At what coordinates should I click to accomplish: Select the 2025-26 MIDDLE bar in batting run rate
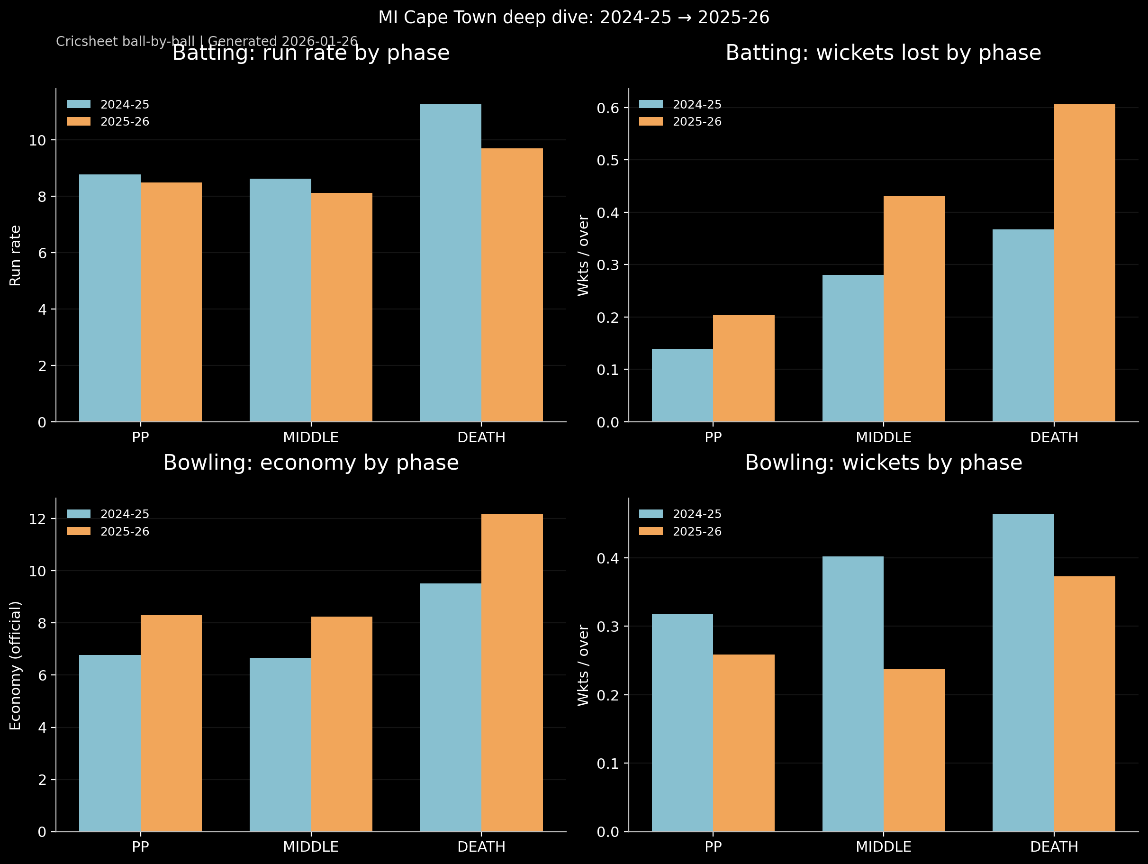(x=342, y=308)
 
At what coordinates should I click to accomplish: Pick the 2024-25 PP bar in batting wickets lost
(x=682, y=385)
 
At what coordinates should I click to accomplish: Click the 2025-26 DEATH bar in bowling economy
(x=512, y=673)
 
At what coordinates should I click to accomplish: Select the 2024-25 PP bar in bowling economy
(x=109, y=744)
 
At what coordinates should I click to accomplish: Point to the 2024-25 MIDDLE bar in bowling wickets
(x=853, y=694)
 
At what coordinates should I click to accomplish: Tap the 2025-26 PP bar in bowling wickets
(x=743, y=743)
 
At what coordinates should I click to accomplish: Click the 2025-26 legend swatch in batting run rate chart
(x=78, y=121)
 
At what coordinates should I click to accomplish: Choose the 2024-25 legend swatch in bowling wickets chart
(x=651, y=514)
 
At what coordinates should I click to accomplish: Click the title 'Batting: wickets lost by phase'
(x=883, y=53)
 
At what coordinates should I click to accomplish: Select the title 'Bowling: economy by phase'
(x=311, y=463)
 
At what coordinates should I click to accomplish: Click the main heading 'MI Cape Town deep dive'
(x=573, y=18)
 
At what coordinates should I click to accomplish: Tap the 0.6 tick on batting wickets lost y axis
(x=608, y=108)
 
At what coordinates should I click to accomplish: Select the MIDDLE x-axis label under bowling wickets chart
(x=883, y=847)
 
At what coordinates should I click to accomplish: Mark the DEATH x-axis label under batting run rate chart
(x=481, y=437)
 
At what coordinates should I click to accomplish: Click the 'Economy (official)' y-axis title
(x=16, y=665)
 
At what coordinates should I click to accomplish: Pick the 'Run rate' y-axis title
(x=16, y=255)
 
